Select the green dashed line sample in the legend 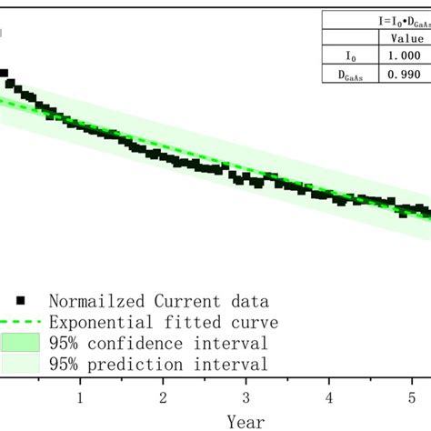(x=22, y=322)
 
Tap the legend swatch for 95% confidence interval (x=22, y=343)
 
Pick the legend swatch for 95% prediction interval (x=22, y=365)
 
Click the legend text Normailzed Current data (x=164, y=300)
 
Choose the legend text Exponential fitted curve (x=164, y=322)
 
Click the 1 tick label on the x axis (x=80, y=397)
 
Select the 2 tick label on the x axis (x=163, y=397)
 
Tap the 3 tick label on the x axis (x=246, y=397)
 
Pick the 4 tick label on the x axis (x=329, y=397)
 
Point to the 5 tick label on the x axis (x=412, y=397)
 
